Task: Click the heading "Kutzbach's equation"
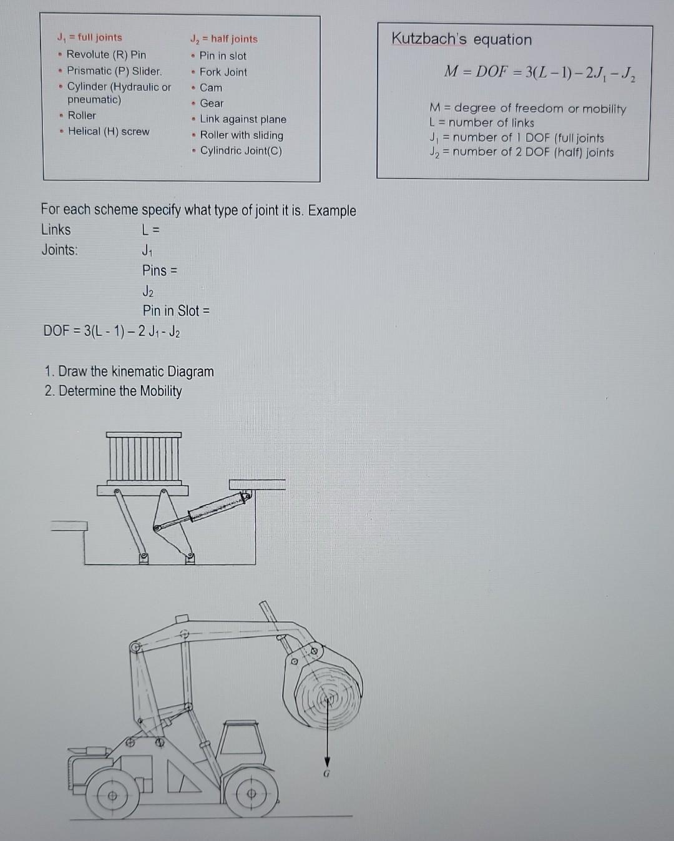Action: [x=461, y=39]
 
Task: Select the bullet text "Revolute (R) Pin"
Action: [x=106, y=54]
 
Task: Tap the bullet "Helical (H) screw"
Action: [x=109, y=131]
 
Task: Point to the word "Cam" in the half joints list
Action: [x=211, y=87]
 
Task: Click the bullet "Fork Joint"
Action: [x=223, y=72]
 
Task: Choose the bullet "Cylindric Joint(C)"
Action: [x=241, y=150]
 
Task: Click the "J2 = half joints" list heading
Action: [x=223, y=39]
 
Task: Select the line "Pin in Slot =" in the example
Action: [x=176, y=310]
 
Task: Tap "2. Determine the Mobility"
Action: [x=113, y=391]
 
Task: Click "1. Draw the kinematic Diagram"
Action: [x=129, y=371]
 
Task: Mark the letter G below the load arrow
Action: [x=326, y=773]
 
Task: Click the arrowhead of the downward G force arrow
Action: [x=326, y=761]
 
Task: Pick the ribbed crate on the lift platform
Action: [x=144, y=458]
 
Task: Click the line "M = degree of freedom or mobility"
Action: [x=527, y=109]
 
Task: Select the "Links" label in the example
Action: [x=56, y=229]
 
